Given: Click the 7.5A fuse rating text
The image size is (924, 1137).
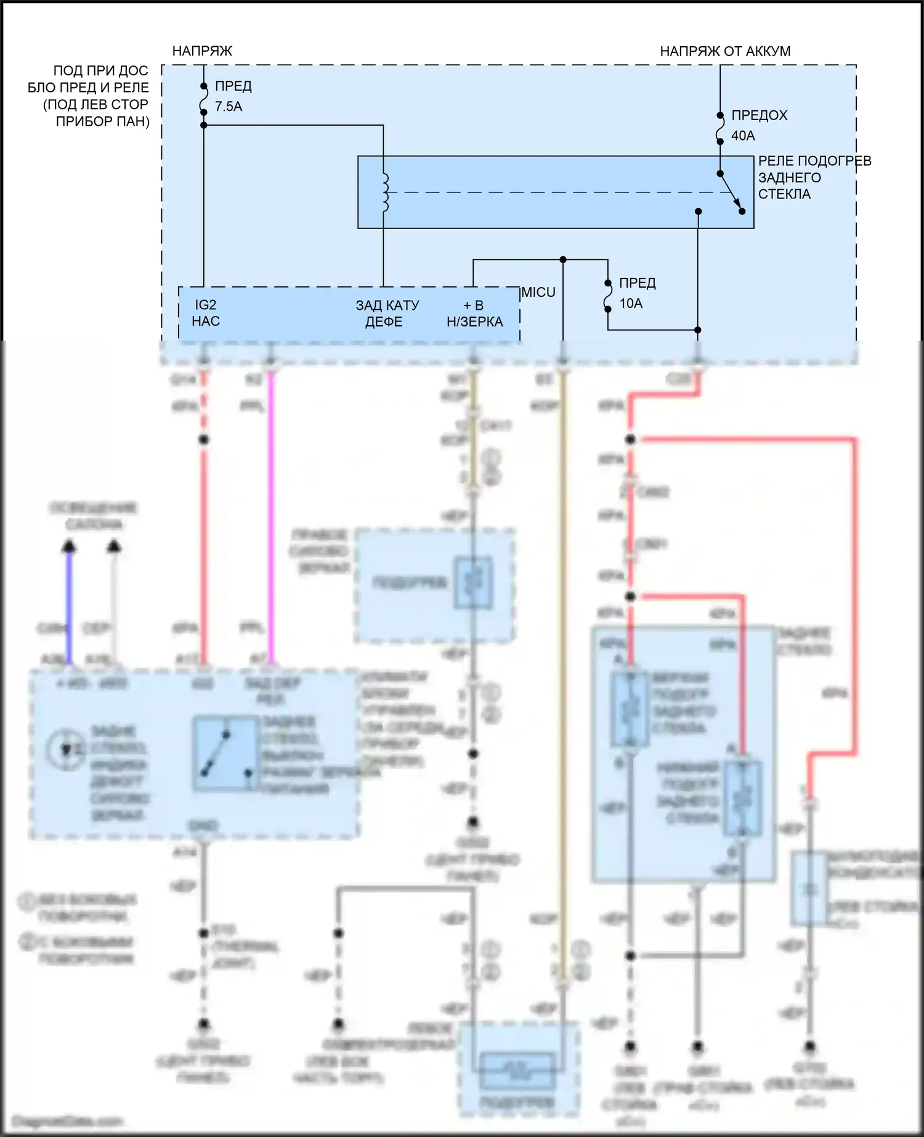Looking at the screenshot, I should [229, 107].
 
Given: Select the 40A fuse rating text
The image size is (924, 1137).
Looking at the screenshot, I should [743, 136].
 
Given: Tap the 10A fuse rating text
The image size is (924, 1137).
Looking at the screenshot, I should [631, 303].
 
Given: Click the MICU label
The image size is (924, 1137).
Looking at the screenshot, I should [538, 293].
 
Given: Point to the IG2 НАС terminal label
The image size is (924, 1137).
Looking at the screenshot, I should [206, 313].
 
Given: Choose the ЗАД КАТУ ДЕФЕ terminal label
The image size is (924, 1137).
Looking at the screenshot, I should [387, 314].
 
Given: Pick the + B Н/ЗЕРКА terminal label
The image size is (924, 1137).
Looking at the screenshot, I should [474, 314].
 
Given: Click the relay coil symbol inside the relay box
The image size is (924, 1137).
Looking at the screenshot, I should [385, 192].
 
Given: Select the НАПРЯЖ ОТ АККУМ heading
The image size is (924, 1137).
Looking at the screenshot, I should [725, 51].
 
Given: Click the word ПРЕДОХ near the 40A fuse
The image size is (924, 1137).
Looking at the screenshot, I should [759, 115].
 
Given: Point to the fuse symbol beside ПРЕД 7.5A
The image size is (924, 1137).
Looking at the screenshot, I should [203, 99].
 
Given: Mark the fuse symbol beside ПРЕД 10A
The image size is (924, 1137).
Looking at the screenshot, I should [608, 296].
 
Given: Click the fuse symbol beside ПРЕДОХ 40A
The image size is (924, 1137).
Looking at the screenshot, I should [720, 128].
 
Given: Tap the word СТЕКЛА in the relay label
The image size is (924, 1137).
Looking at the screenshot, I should [784, 194].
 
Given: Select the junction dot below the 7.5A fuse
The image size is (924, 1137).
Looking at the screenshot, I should [204, 125].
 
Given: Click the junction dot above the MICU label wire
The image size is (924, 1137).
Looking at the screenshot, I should [563, 260].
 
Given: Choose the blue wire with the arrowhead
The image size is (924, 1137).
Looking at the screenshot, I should [70, 604].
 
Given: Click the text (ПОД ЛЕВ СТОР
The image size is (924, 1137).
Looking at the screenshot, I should [95, 105].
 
